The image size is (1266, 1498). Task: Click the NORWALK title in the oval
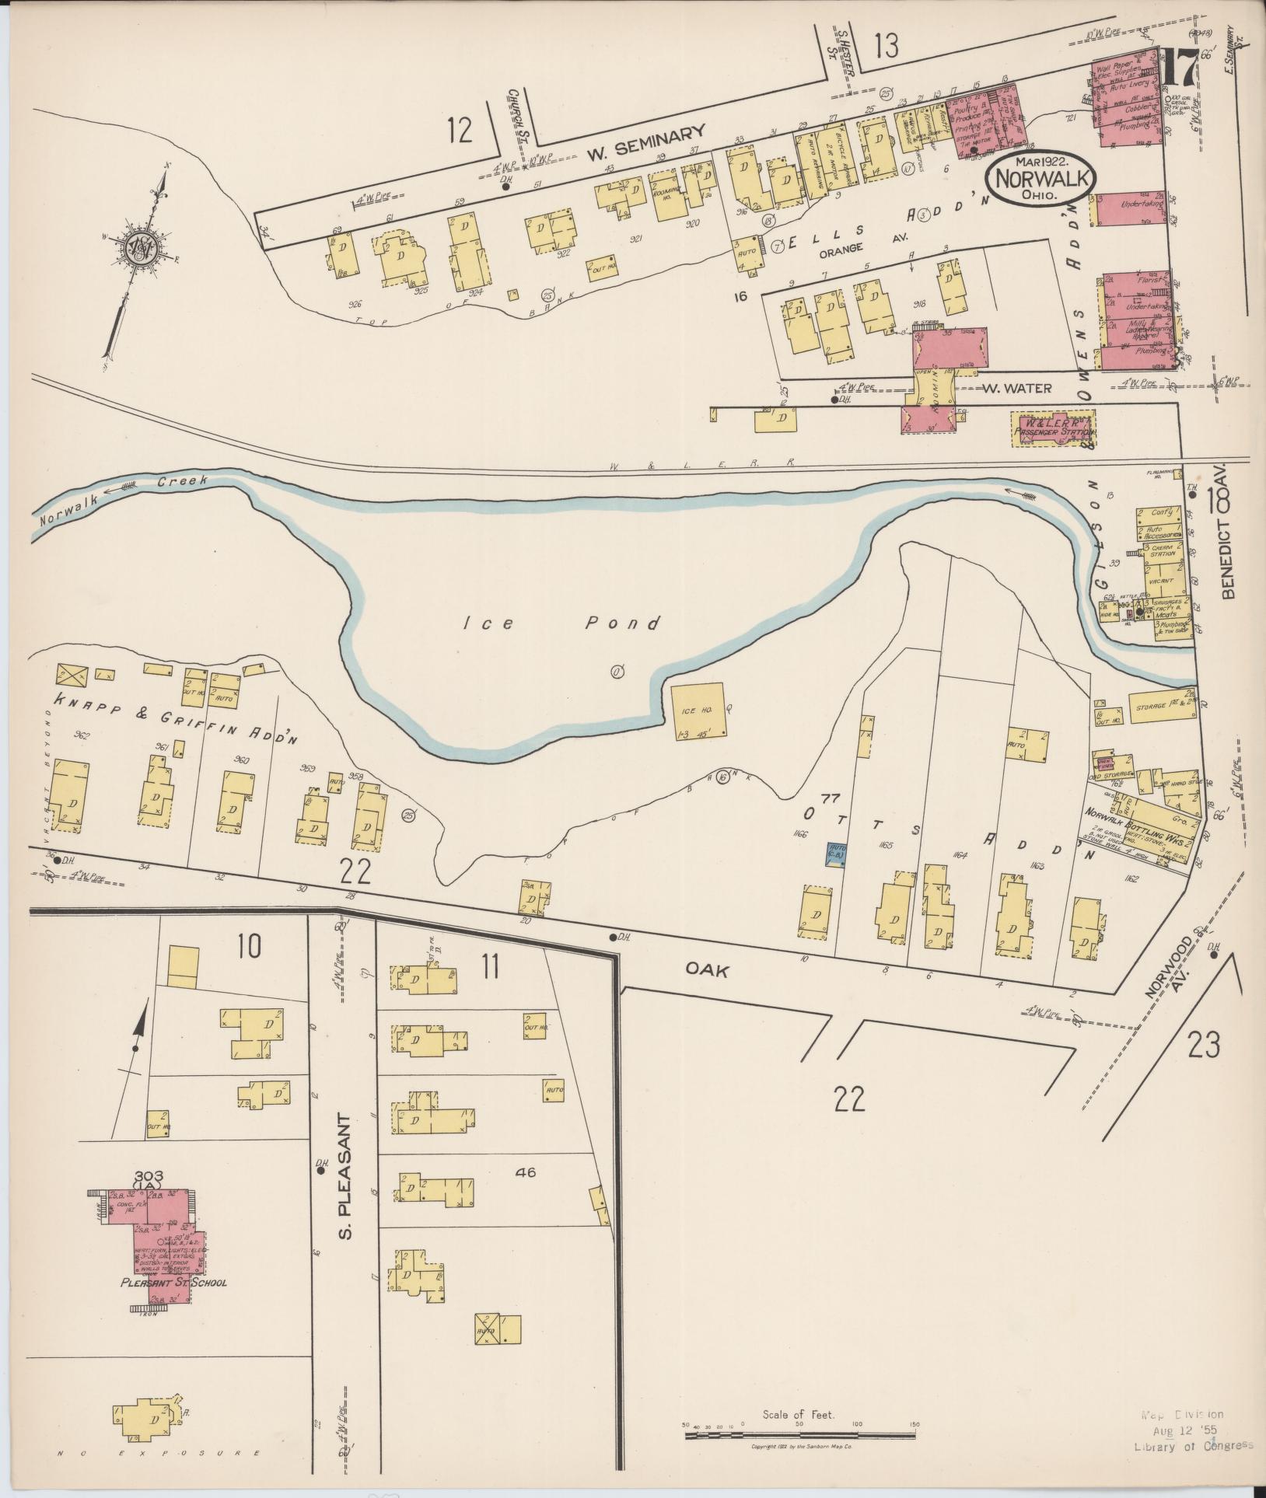coord(1040,178)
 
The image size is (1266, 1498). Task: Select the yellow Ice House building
coord(698,712)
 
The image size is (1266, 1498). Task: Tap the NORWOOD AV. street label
coord(1170,990)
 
